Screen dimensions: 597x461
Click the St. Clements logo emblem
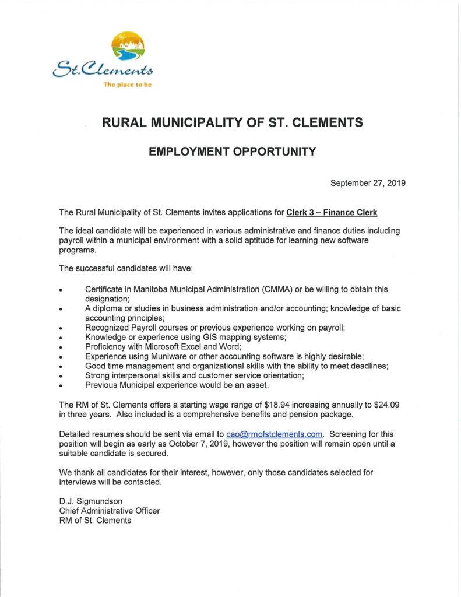128,48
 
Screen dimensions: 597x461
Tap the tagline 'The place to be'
127,85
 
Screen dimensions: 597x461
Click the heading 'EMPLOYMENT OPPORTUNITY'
232,152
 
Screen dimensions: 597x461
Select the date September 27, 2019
368,183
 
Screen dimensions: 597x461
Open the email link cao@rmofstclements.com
274,434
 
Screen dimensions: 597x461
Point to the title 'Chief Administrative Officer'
110,511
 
